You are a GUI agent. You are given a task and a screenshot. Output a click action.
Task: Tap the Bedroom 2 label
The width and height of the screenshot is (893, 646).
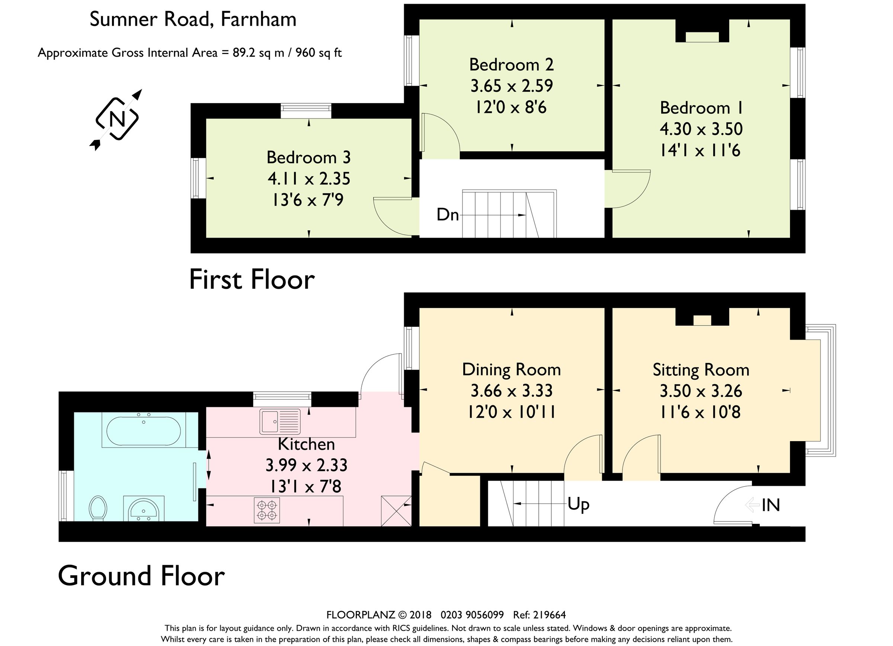click(511, 65)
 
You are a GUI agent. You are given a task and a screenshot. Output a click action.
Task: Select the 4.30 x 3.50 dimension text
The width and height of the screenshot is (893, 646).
click(701, 129)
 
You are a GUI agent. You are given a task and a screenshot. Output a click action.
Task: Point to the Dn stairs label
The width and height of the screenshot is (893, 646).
click(448, 215)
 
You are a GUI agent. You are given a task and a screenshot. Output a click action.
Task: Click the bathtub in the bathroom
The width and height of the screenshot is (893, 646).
click(144, 430)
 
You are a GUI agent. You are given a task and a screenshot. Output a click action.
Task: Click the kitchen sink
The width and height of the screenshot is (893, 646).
click(280, 421)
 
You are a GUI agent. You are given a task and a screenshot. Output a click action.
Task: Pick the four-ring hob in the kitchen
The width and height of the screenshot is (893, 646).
click(266, 510)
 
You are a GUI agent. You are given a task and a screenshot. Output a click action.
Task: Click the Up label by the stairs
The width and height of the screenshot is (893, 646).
click(578, 504)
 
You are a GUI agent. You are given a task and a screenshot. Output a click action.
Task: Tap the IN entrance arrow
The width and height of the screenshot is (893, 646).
click(752, 505)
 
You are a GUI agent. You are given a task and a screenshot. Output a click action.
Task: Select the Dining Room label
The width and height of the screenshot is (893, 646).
click(511, 370)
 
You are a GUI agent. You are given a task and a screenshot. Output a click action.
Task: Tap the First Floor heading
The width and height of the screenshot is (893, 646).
click(252, 280)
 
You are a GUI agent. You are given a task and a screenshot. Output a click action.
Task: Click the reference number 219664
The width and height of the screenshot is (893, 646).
click(550, 615)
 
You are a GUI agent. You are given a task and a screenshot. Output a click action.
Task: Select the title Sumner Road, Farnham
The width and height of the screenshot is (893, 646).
click(193, 19)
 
